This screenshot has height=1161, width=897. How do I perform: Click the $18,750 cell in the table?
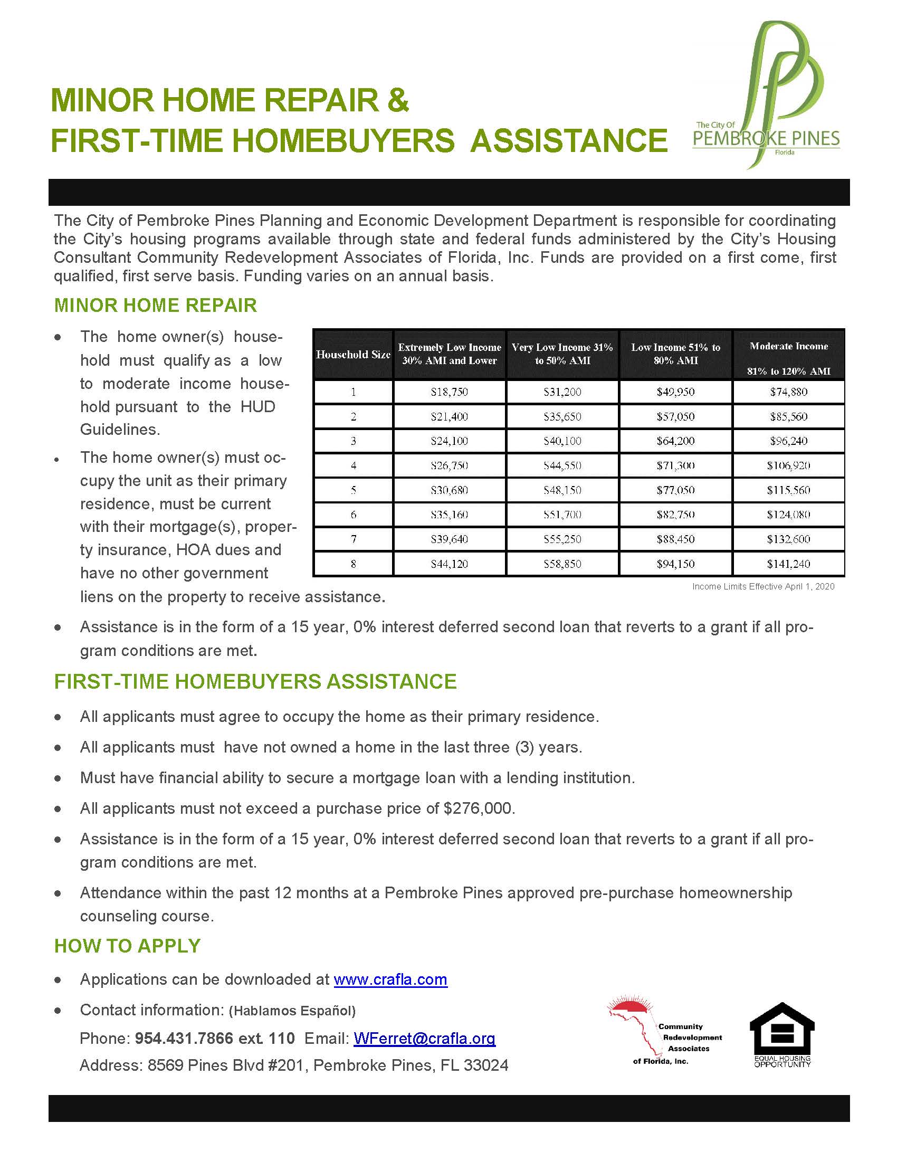point(449,392)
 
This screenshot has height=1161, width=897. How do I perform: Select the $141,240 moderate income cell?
point(788,564)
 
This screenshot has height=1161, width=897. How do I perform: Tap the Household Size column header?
point(353,355)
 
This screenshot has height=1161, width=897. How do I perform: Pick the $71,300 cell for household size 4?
point(675,465)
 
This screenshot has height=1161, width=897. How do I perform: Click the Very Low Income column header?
point(562,354)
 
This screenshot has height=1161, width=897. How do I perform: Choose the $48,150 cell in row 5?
point(562,490)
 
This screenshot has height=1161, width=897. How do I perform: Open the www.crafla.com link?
point(390,979)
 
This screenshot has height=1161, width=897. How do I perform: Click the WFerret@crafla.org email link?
point(424,1038)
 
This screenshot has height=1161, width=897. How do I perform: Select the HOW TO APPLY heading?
point(128,946)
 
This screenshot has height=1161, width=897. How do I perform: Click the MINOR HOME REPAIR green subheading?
point(155,305)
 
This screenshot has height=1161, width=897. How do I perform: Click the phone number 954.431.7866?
point(184,1038)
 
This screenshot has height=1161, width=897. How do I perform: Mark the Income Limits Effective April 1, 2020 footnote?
point(763,586)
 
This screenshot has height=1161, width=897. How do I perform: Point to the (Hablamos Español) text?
point(292,1011)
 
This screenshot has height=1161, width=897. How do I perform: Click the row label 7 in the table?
point(353,539)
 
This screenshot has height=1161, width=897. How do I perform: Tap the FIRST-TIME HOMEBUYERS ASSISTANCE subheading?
point(255,681)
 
